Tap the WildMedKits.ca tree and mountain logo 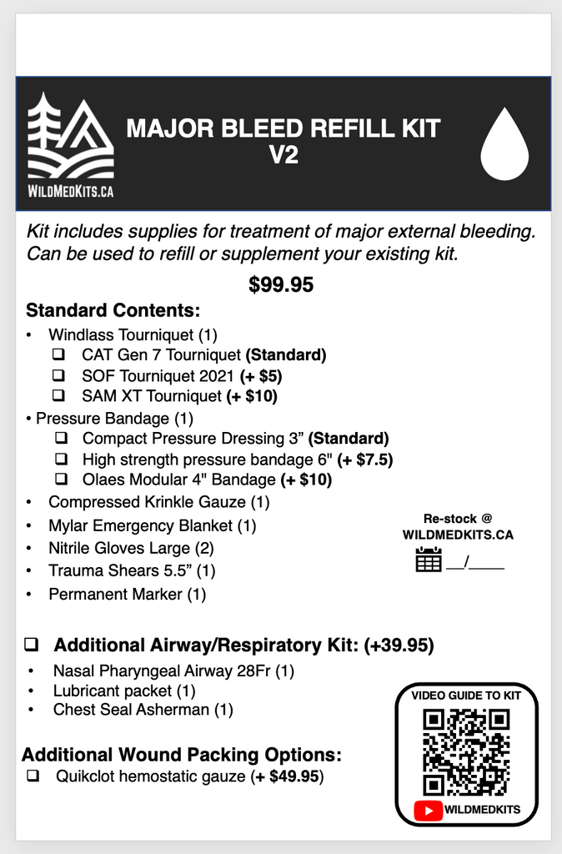(x=71, y=140)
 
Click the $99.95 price (x=281, y=285)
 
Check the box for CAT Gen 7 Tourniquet (x=60, y=354)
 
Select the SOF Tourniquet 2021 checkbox (x=60, y=375)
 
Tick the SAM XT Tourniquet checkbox (x=60, y=396)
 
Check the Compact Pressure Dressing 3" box (x=62, y=438)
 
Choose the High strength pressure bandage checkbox (x=62, y=460)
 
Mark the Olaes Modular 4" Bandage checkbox (x=62, y=480)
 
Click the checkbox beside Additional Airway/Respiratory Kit (x=33, y=645)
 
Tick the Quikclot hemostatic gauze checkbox (x=34, y=776)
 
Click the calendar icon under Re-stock (x=429, y=560)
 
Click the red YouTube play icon (x=429, y=809)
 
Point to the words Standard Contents (x=113, y=311)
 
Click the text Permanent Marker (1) (x=127, y=595)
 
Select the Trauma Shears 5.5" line (x=132, y=571)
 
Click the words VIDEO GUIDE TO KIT (x=466, y=696)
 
